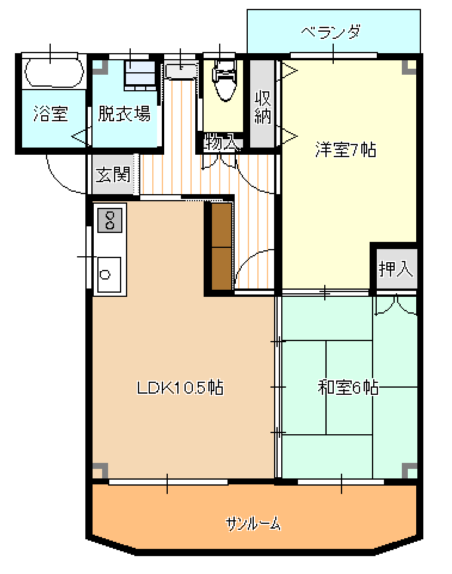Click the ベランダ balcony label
coord(331,32)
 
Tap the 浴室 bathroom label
coord(51,113)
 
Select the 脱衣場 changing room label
coord(124,113)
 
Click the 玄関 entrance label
coord(113,174)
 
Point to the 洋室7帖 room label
coord(346,149)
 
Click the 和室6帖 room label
coord(348,387)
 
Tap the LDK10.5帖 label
coord(180,387)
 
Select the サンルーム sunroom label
coord(253,524)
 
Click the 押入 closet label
coord(396,269)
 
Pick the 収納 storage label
coord(262,107)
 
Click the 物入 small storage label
coord(222,142)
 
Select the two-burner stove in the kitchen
coord(110,220)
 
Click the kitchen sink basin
coord(109,275)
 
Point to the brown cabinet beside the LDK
coord(222,246)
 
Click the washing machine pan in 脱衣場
coord(140,75)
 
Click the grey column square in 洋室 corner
coord(409,67)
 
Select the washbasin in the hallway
coord(181,71)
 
